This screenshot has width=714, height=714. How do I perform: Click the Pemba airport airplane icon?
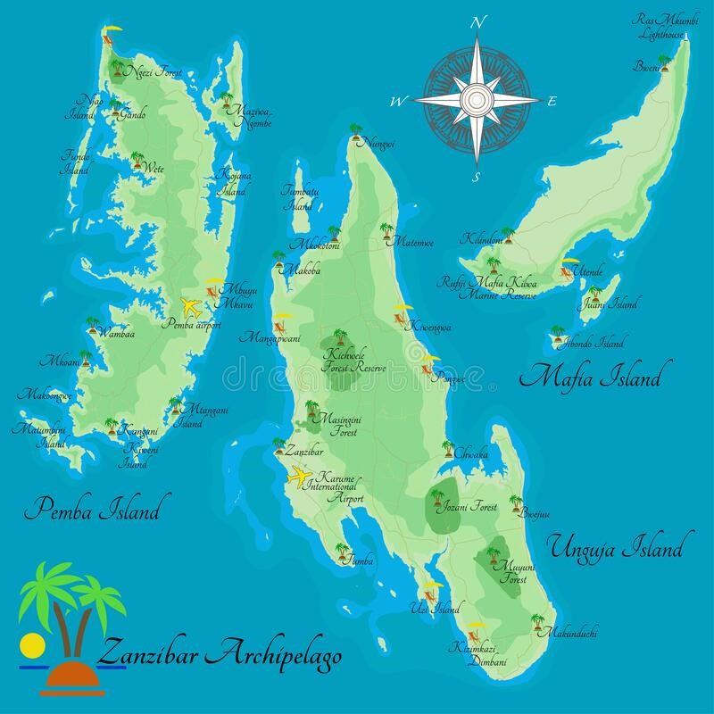[x=190, y=307]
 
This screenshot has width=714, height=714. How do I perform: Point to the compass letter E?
[x=552, y=101]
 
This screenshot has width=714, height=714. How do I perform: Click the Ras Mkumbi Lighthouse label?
[x=659, y=27]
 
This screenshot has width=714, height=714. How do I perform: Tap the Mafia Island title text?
[x=594, y=378]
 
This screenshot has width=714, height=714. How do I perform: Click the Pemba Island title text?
[x=92, y=510]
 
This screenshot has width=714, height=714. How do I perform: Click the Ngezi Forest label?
[x=154, y=71]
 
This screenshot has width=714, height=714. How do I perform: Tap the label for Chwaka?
[x=471, y=454]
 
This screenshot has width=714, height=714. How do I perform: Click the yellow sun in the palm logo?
[x=29, y=643]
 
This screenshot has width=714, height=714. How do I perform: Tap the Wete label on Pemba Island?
[x=154, y=168]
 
